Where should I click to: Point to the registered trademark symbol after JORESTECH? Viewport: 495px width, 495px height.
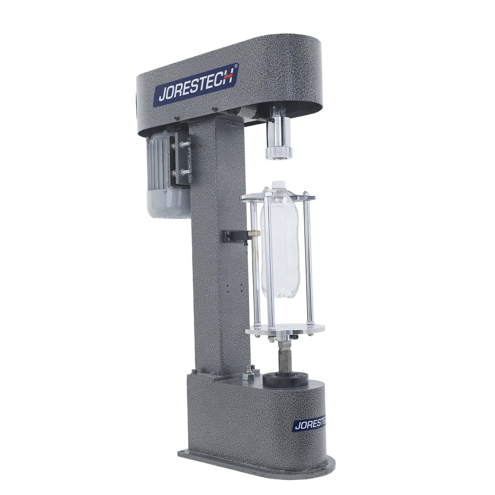click(x=236, y=66)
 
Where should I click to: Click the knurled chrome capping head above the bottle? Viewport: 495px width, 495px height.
click(x=278, y=152)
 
